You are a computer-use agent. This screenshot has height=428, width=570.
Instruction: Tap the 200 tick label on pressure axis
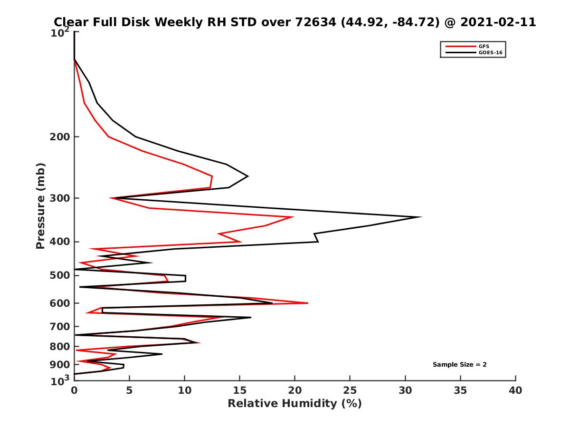61,137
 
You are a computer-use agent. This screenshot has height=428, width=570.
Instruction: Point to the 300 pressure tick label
61,198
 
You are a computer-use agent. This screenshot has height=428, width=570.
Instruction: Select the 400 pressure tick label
61,242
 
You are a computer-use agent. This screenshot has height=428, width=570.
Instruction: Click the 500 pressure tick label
61,275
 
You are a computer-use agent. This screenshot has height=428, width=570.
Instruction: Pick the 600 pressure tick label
61,303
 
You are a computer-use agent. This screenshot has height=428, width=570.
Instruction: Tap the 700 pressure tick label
61,326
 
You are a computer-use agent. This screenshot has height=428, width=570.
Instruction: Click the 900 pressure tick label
61,365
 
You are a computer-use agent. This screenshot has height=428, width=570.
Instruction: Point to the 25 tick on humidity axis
350,390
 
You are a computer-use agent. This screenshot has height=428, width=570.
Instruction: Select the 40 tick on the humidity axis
515,390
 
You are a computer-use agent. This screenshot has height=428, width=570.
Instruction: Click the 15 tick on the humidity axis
240,390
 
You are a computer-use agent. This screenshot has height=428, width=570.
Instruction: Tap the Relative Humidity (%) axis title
294,404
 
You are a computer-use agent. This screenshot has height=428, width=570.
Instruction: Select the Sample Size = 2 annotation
459,365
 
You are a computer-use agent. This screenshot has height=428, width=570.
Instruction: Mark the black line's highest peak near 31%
421,217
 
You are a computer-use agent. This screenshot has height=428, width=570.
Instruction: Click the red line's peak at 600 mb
308,303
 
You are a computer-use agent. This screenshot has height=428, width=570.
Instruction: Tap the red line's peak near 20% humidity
293,217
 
